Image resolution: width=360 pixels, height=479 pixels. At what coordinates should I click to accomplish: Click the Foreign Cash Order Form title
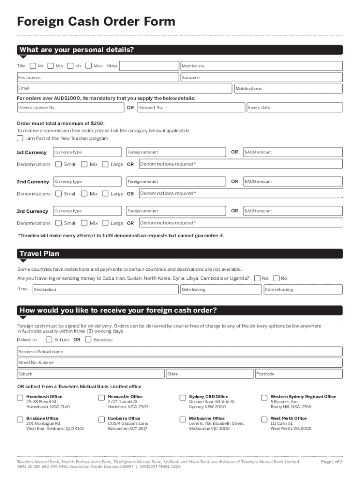tap(96, 22)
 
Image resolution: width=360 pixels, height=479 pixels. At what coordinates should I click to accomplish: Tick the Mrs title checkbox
tap(50, 66)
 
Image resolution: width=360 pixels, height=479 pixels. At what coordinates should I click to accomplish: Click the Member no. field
tap(261, 66)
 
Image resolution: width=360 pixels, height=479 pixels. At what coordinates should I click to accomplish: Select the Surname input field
tap(261, 78)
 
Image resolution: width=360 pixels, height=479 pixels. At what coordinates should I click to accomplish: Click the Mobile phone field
tap(288, 89)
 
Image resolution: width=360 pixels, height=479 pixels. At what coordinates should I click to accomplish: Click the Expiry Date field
tap(295, 108)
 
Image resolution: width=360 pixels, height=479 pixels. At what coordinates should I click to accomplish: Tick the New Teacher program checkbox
tap(20, 138)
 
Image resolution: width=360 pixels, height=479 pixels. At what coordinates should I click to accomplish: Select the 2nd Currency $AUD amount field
tap(293, 181)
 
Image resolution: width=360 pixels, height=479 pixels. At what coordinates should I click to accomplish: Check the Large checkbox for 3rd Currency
tap(105, 223)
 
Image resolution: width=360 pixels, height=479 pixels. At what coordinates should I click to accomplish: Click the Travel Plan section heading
tap(39, 254)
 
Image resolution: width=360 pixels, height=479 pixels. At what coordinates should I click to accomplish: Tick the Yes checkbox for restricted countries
tap(257, 278)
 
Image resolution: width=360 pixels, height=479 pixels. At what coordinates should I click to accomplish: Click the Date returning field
tap(303, 290)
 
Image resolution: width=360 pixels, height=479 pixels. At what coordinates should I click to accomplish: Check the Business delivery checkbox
tap(88, 340)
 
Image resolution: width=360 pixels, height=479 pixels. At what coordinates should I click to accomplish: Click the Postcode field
tap(299, 374)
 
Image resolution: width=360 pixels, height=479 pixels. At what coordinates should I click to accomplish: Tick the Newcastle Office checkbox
tap(101, 398)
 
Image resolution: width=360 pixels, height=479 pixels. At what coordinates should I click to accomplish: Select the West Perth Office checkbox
tap(264, 419)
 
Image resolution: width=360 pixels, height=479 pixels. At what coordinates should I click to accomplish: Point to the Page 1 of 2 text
tap(331, 462)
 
